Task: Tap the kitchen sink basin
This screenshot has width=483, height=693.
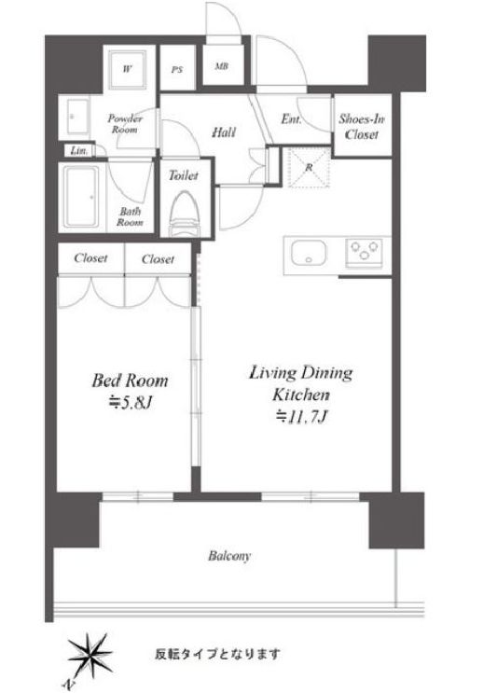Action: coord(309,253)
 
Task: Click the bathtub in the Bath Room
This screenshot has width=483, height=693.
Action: coord(81,196)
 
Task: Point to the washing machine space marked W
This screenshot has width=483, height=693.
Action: coord(127,68)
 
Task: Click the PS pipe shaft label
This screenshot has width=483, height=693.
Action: coord(177,70)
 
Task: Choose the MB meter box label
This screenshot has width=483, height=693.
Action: coord(221,66)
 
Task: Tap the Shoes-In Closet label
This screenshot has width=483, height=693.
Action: coord(362,127)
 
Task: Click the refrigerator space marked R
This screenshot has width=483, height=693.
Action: coord(310,168)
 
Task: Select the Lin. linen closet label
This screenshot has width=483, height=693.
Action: coord(79,151)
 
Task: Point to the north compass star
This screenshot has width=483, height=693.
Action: coord(90,654)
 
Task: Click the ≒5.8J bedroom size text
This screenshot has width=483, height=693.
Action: coord(131,403)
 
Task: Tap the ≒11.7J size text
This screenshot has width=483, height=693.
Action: coord(301,416)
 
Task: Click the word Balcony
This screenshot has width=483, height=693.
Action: coord(229,556)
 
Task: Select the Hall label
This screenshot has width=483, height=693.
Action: coord(224,132)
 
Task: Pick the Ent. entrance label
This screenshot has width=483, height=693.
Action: coord(291,118)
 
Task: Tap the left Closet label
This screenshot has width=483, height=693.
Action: coord(90,257)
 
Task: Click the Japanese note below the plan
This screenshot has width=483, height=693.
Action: coord(217,653)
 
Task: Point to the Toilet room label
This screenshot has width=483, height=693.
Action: coord(184,175)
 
